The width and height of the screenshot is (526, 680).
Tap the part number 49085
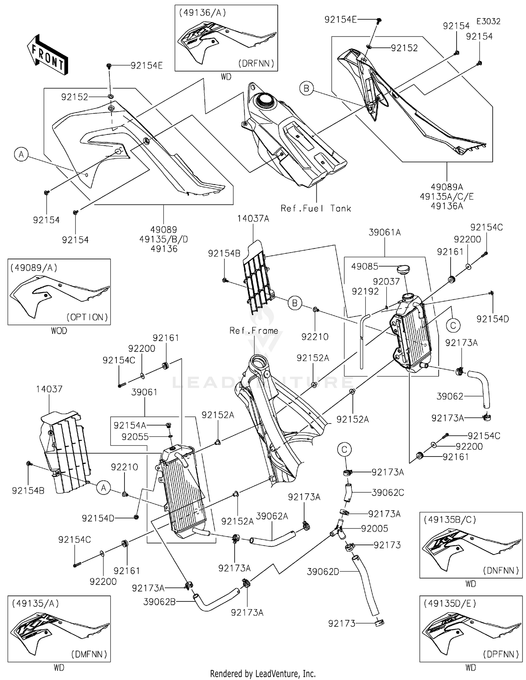tap(365, 267)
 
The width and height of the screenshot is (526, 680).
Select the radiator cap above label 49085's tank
tap(403, 269)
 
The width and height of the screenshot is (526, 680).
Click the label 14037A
tap(253, 219)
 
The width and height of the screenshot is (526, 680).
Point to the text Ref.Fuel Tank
tap(316, 208)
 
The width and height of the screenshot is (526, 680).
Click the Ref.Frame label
tap(254, 331)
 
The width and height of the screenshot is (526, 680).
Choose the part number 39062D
tap(323, 572)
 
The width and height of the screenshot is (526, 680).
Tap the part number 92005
tap(375, 528)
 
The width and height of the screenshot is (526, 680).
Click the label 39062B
tap(160, 602)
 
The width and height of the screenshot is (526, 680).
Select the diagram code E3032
tap(488, 21)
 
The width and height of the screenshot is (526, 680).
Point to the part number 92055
tap(135, 437)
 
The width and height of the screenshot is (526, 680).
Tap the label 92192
tap(365, 291)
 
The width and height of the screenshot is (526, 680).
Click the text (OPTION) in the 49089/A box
tap(87, 317)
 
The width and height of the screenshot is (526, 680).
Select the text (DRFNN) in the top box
tap(256, 64)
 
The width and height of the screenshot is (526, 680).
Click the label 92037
tap(386, 281)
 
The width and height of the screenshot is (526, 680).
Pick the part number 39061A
tap(385, 232)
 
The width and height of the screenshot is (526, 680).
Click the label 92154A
tap(130, 425)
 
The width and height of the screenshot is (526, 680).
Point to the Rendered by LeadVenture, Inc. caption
tap(263, 673)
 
